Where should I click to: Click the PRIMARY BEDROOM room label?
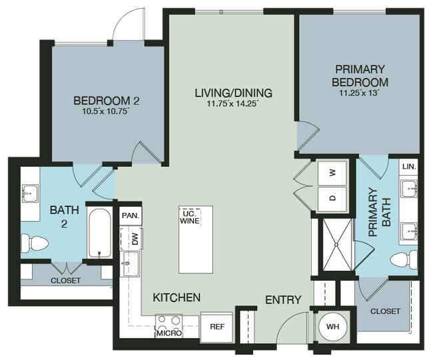361,75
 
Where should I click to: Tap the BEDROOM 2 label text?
106,101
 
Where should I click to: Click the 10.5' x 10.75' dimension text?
106,112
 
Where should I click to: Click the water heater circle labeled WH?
331,327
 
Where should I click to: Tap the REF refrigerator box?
217,326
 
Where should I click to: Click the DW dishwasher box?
134,238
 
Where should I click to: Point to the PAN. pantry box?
130,216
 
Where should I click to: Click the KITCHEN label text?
177,297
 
